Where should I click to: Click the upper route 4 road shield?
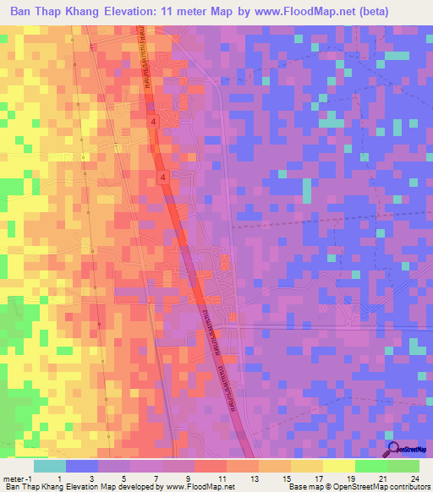tap(153, 123)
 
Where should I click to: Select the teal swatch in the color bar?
tap(50, 466)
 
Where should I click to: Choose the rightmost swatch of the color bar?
tap(403, 466)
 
